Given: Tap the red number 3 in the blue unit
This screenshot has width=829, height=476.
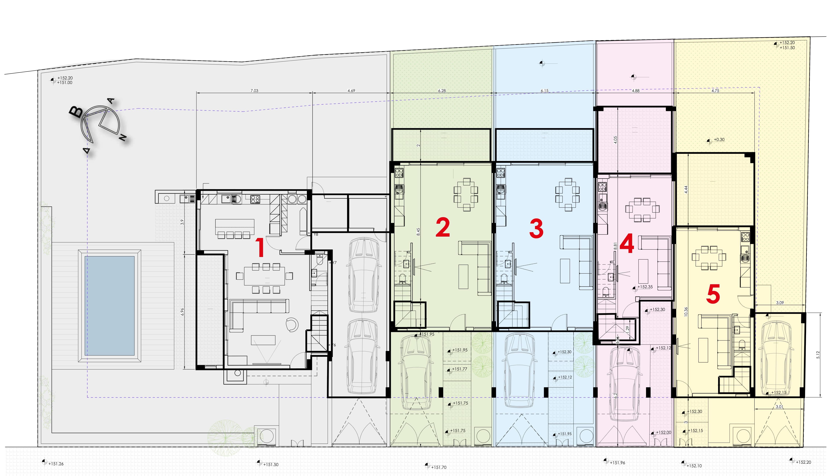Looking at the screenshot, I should pyautogui.click(x=536, y=229).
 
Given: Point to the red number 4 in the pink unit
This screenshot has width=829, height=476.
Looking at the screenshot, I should pyautogui.click(x=627, y=244).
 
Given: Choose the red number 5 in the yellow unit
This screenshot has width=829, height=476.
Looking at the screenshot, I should pyautogui.click(x=713, y=294).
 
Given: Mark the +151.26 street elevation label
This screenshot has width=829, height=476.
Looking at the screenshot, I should pyautogui.click(x=56, y=464).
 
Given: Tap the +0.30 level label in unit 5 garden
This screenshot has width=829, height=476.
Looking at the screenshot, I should pyautogui.click(x=719, y=140).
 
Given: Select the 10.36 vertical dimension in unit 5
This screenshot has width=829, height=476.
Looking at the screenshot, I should pyautogui.click(x=686, y=311).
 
